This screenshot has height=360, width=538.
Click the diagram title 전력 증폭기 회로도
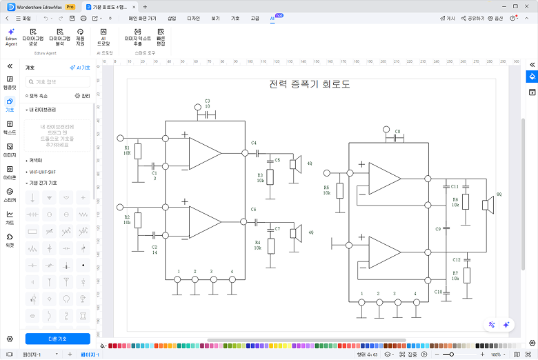pyautogui.click(x=310, y=85)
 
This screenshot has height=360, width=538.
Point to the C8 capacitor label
pyautogui.click(x=397, y=131)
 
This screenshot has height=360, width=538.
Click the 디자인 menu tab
pyautogui.click(x=193, y=18)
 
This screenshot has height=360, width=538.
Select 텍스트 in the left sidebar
pyautogui.click(x=10, y=128)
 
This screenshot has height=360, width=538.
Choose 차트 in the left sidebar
pyautogui.click(x=10, y=219)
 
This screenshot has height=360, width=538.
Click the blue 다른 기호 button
pyautogui.click(x=58, y=339)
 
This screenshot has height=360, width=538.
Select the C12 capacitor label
pyautogui.click(x=456, y=259)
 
